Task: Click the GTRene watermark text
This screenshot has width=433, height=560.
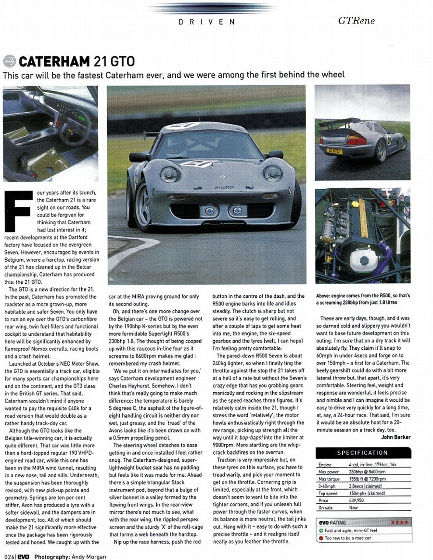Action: (x=356, y=21)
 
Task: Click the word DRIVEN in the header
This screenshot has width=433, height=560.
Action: (x=207, y=22)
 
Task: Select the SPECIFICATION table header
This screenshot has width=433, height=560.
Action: (x=363, y=453)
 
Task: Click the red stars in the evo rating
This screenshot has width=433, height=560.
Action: (x=399, y=522)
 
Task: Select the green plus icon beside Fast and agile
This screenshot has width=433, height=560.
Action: (x=320, y=531)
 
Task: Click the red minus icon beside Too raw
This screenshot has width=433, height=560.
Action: (x=320, y=538)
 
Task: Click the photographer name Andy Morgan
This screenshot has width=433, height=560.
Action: (x=87, y=557)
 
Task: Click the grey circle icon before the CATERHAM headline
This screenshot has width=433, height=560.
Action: (x=9, y=62)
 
